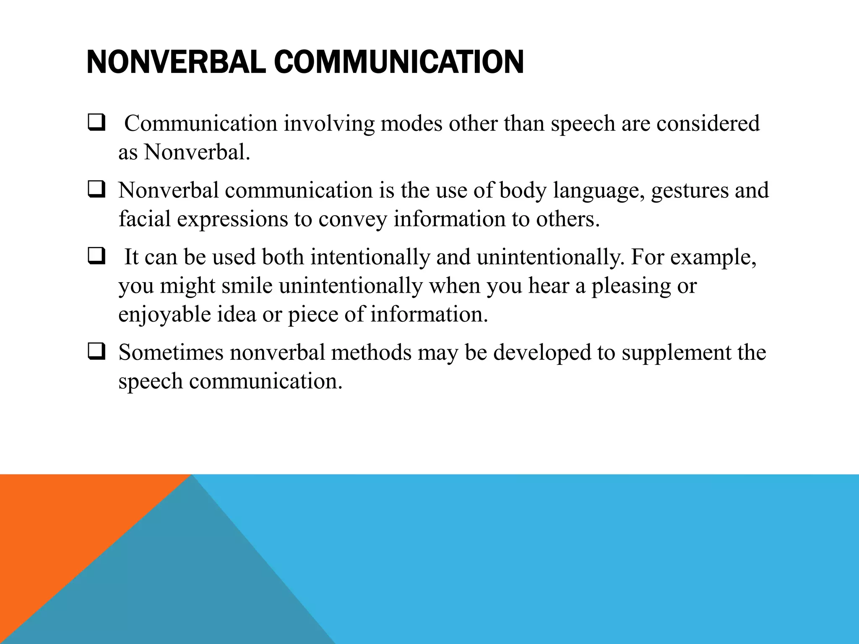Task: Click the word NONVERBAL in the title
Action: click(176, 62)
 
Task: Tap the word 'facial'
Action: click(144, 219)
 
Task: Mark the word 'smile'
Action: click(247, 286)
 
